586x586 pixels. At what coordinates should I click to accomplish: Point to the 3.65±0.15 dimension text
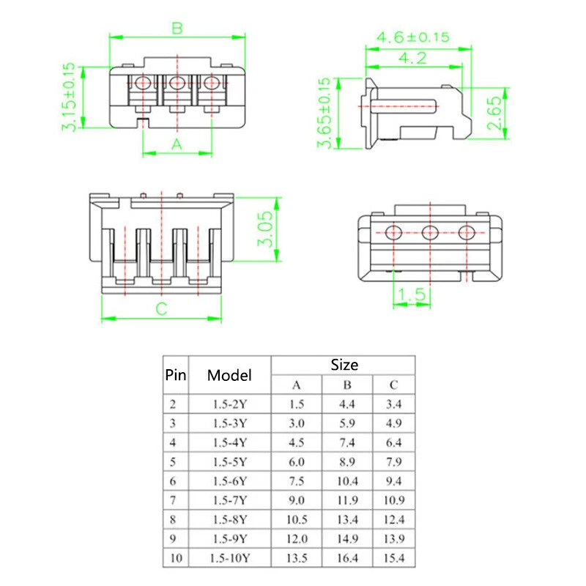click(x=324, y=113)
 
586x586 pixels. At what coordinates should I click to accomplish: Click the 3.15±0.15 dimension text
click(x=69, y=97)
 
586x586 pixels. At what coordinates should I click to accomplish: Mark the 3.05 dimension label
click(x=268, y=229)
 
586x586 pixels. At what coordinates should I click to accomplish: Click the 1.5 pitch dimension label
click(x=411, y=294)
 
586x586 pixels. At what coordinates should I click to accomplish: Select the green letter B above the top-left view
click(x=177, y=29)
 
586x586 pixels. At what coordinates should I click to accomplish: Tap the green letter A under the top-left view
click(x=177, y=144)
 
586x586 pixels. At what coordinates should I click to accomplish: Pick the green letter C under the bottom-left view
click(x=161, y=308)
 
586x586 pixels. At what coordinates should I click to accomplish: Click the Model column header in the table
click(x=229, y=375)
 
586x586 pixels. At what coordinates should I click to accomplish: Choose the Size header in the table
click(x=344, y=364)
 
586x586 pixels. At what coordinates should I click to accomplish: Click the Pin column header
click(x=175, y=375)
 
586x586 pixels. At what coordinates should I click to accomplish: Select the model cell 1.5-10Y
click(x=229, y=557)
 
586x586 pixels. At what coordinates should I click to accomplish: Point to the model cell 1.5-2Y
click(x=229, y=404)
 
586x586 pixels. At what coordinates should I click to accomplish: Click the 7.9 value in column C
click(x=394, y=461)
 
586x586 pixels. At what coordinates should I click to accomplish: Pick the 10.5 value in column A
click(x=296, y=519)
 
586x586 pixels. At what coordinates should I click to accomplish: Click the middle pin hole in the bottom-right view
click(x=430, y=233)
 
